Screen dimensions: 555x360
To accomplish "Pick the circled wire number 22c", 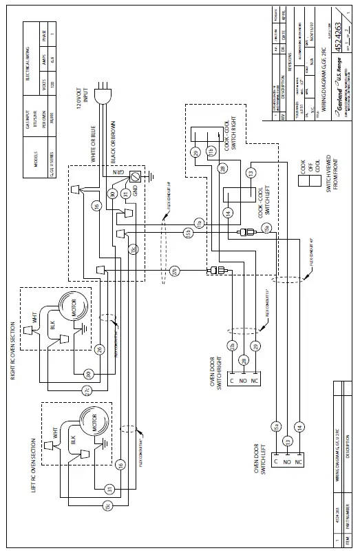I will [x=87, y=390].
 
